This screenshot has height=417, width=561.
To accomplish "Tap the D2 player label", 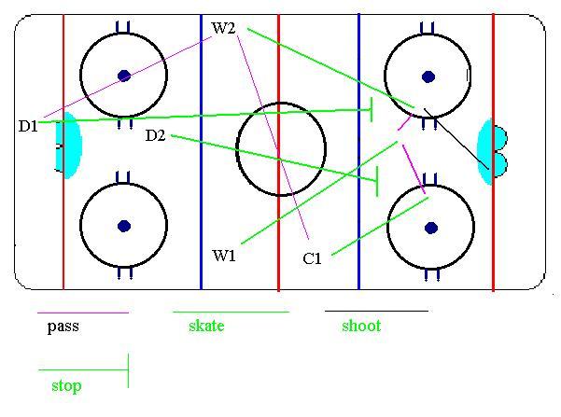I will pos(155,136).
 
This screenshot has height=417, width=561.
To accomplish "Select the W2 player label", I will pos(224,28).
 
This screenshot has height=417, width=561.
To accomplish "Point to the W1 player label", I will pos(224,255).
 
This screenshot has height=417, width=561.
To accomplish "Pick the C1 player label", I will pos(313,259).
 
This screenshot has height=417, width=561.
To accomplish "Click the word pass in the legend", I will pos(63,327).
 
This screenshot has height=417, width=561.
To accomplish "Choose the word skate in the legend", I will pos(206,327).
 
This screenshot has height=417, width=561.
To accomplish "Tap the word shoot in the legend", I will pos(360,327).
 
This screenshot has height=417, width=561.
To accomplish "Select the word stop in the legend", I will pos(65,385).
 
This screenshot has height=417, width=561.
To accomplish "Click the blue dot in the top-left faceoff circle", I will pos(123,76).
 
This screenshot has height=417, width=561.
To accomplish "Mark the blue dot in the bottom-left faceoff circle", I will pos(123,225).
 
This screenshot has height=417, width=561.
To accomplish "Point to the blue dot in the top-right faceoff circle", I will pos(428,76).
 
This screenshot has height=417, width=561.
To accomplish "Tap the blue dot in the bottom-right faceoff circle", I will pos(430,227).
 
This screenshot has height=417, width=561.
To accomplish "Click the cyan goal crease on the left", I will pos(69,146).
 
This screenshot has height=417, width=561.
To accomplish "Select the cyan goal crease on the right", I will pos(486,151).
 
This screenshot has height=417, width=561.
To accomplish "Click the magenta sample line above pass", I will pos(82,313).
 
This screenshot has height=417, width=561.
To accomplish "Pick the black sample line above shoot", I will pos(375,310).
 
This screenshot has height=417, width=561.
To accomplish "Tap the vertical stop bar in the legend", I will pos(127,370).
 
